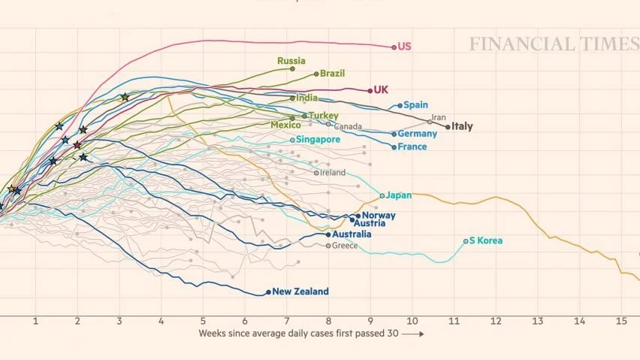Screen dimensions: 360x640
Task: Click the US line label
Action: point(404,47)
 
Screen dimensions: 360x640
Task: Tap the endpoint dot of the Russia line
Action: point(292,68)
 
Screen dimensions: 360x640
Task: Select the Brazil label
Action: point(332,74)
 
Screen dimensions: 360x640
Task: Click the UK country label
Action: point(381,90)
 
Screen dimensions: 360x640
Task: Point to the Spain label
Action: point(415,105)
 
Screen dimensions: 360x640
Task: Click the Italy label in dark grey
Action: point(461,126)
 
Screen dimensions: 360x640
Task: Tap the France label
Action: point(412,147)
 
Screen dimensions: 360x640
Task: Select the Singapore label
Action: point(318,139)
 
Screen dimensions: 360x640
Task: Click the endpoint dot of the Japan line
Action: point(382,196)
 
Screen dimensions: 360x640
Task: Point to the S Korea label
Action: point(486,241)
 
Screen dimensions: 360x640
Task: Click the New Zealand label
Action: point(300,292)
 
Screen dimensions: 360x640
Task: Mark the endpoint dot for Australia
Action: point(328,234)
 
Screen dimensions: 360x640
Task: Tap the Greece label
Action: point(345,246)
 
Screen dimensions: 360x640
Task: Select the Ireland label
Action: point(333,173)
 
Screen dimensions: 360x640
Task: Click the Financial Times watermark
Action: point(554,44)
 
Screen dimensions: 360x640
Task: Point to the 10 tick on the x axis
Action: point(412,322)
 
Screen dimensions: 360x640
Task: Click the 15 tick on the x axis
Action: point(621,322)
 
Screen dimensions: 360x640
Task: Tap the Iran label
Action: point(439,117)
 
